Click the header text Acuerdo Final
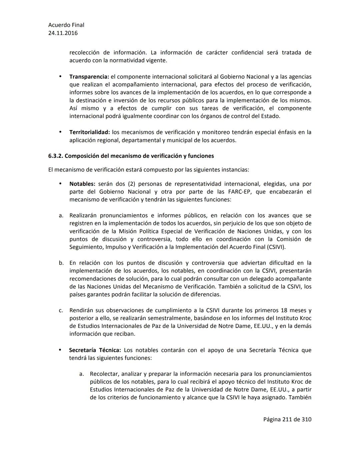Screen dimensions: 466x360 point(66,25)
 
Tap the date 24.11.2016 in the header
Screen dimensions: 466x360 point(63,33)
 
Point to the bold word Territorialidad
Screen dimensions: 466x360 point(90,132)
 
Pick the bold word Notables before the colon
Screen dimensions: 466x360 point(82,184)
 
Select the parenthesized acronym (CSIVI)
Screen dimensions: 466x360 point(276,247)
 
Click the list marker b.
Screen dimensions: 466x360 point(61,263)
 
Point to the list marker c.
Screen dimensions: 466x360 point(61,311)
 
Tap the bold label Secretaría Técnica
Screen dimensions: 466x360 point(95,350)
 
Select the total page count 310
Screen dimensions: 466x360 point(306,419)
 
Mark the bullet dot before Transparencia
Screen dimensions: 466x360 point(60,76)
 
